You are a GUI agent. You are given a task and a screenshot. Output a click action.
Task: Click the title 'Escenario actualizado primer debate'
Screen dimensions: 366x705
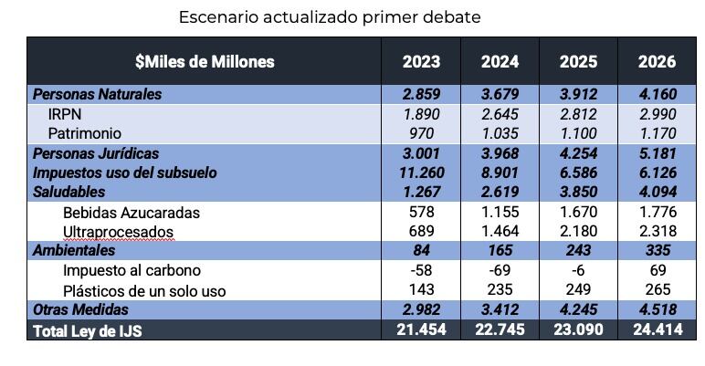point(329,17)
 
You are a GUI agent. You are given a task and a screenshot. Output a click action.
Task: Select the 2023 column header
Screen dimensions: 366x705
point(421,62)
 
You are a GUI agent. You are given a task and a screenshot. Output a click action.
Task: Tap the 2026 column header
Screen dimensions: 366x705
point(658,62)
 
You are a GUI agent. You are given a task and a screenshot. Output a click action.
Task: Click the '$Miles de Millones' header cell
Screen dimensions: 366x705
point(205,62)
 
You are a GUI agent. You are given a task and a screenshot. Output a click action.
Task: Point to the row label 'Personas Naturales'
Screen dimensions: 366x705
point(97,94)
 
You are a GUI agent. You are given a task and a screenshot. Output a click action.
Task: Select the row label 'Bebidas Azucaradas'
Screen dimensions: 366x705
point(132,212)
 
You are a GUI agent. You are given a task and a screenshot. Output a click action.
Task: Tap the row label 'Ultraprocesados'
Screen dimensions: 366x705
point(118,232)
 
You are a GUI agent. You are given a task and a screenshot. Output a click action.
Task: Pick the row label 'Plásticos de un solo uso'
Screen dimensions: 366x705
point(144,290)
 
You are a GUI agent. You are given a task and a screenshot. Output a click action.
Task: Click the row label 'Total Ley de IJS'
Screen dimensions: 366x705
point(88,330)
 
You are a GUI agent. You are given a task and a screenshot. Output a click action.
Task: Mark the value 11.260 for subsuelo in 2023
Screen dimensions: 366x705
point(421,173)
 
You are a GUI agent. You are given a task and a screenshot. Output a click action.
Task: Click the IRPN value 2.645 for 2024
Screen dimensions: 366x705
point(500,114)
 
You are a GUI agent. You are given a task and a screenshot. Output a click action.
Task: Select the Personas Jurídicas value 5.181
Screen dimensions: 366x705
point(658,153)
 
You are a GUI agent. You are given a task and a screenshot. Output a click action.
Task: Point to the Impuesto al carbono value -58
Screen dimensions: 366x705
point(421,271)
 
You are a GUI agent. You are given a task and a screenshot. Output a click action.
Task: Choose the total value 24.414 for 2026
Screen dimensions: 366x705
point(658,329)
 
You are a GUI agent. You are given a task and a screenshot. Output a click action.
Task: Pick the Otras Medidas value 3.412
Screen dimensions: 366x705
point(500,310)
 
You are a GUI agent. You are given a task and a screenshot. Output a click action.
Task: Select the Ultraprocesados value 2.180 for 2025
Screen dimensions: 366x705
point(579,232)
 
